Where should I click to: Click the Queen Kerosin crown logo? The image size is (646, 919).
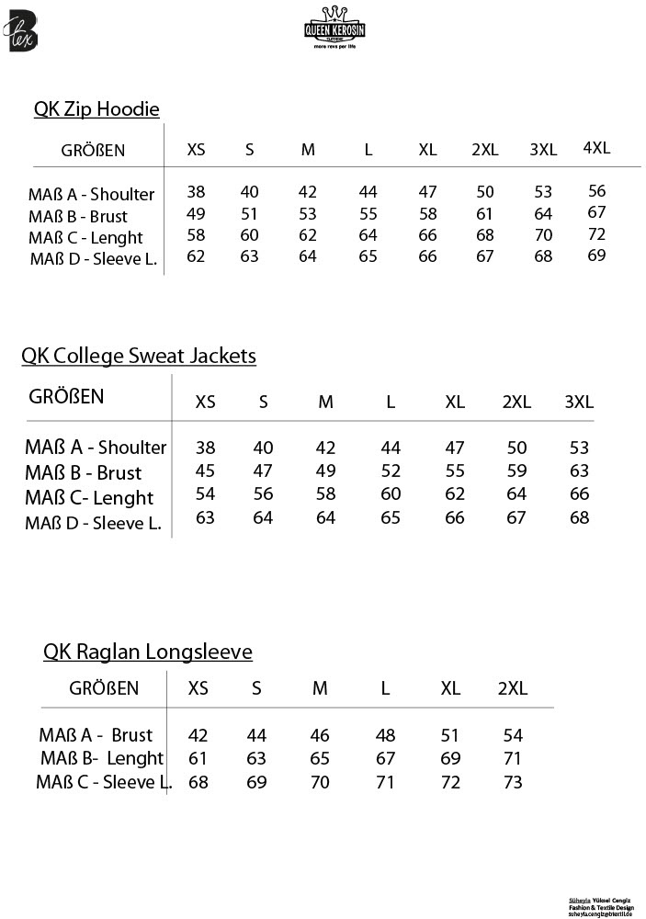(x=334, y=25)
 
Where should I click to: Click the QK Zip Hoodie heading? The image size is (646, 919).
(x=96, y=109)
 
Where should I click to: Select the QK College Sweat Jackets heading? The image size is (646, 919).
(x=139, y=356)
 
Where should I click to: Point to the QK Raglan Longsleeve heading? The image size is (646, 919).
(x=148, y=652)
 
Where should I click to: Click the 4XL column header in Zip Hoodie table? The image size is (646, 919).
(x=596, y=148)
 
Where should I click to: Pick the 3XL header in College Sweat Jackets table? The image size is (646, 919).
(x=579, y=402)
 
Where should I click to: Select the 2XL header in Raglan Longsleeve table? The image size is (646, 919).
(x=513, y=688)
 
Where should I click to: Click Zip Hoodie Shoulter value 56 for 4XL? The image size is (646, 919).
(x=597, y=191)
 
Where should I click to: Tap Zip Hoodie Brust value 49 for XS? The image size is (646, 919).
(x=196, y=214)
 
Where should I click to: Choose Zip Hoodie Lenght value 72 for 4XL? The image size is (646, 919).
(x=597, y=234)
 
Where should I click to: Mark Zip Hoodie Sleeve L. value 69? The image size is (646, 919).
(x=597, y=255)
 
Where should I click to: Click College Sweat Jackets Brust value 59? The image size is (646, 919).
(x=516, y=471)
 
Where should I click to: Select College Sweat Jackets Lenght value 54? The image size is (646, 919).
(x=206, y=494)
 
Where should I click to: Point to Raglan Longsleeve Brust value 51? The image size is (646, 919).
(x=450, y=735)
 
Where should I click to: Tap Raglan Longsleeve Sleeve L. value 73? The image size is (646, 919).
(x=513, y=782)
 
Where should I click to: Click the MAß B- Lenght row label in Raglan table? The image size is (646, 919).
(x=102, y=759)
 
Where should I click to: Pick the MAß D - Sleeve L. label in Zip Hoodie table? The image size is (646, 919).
(x=94, y=258)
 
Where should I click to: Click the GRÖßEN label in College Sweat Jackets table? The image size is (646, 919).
(x=67, y=397)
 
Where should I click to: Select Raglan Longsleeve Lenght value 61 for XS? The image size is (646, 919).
(x=198, y=759)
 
